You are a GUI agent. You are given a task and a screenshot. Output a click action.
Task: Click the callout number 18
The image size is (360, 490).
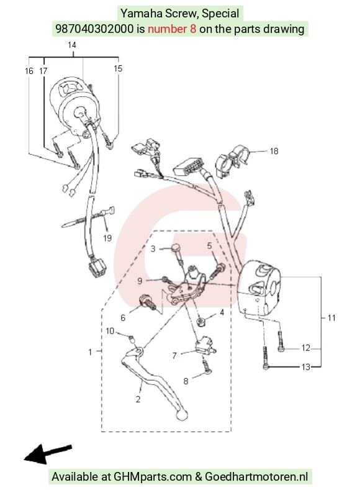click(274, 152)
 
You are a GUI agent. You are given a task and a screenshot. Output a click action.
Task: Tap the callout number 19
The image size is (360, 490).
click(107, 238)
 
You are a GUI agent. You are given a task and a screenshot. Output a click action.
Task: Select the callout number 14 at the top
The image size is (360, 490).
click(72, 45)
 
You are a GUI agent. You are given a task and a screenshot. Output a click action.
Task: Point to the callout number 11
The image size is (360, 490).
click(331, 318)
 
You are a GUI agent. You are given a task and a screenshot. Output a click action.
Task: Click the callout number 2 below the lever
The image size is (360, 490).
click(138, 399)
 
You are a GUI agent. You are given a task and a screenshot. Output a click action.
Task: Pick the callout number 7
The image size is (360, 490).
click(174, 356)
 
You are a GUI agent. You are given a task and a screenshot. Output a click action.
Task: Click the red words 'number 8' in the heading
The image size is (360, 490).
click(172, 29)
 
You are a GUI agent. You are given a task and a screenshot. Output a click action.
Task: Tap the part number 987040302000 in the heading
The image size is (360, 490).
click(94, 29)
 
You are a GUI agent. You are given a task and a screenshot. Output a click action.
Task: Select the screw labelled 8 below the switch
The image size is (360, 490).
click(207, 366)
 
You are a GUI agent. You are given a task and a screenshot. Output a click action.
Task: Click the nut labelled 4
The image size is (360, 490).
click(200, 321)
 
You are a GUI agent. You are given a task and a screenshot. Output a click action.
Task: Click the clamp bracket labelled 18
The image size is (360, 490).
click(233, 161)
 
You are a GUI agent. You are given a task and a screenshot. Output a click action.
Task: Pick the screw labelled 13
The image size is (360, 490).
click(266, 358)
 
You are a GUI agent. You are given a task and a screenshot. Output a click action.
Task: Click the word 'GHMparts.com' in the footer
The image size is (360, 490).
click(152, 477)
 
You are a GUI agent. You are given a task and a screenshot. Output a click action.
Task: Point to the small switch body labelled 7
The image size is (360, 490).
click(204, 347)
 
